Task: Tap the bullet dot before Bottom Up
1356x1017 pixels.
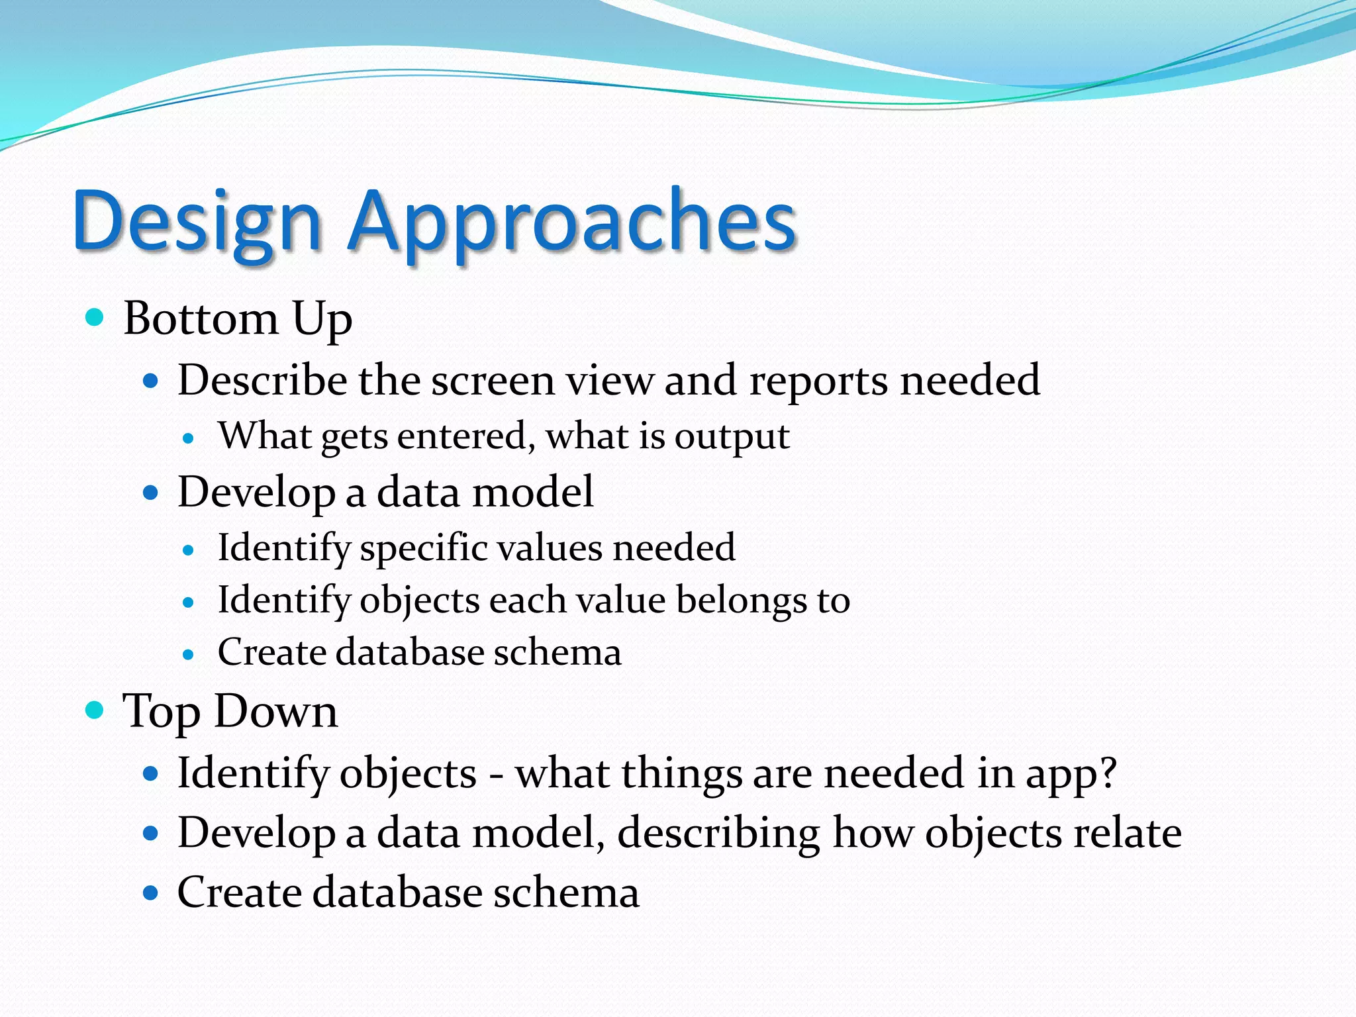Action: [95, 317]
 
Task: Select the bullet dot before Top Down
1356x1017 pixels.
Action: [95, 710]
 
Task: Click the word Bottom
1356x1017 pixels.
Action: [201, 318]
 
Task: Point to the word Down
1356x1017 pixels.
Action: [276, 712]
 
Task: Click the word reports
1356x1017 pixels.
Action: [818, 381]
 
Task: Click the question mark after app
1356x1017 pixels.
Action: [1106, 773]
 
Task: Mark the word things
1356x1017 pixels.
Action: [681, 773]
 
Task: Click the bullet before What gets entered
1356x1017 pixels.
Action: [189, 438]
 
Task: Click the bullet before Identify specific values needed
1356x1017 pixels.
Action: [189, 550]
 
